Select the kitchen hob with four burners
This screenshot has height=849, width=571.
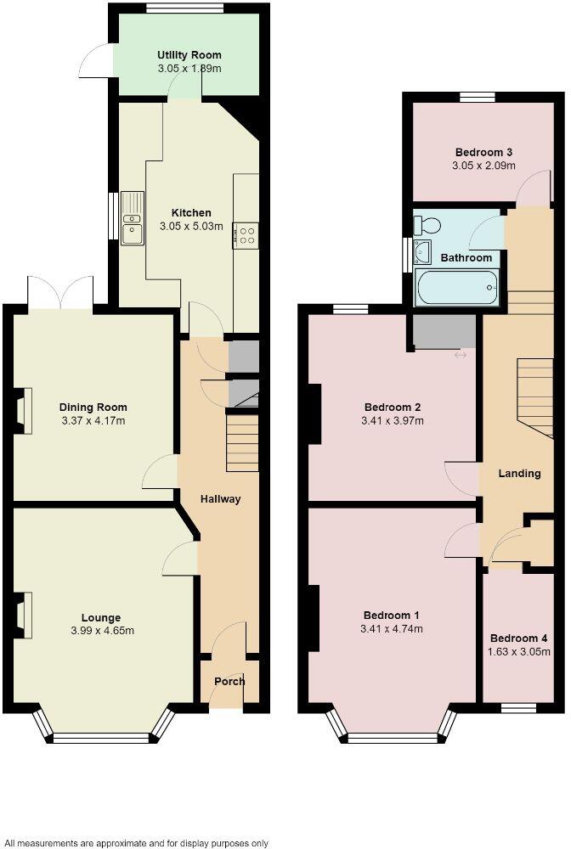click(x=246, y=234)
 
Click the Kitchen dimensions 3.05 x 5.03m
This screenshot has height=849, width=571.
click(x=191, y=227)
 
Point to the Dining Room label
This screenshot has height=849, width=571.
click(x=93, y=407)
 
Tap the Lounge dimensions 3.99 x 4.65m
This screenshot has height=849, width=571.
click(x=101, y=631)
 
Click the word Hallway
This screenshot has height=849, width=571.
click(x=221, y=499)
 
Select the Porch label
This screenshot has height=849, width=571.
click(x=229, y=681)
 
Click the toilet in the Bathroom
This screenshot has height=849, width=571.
click(x=427, y=225)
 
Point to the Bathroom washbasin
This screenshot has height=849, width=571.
click(x=422, y=251)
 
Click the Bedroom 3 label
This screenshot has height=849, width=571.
click(x=483, y=152)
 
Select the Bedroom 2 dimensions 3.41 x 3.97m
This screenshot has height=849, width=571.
click(x=393, y=420)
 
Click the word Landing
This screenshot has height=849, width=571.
click(x=519, y=473)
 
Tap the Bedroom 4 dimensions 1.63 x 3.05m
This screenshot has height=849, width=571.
click(x=519, y=652)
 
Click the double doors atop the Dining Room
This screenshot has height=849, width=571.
click(x=60, y=293)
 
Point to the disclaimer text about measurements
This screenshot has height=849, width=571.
click(x=136, y=843)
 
